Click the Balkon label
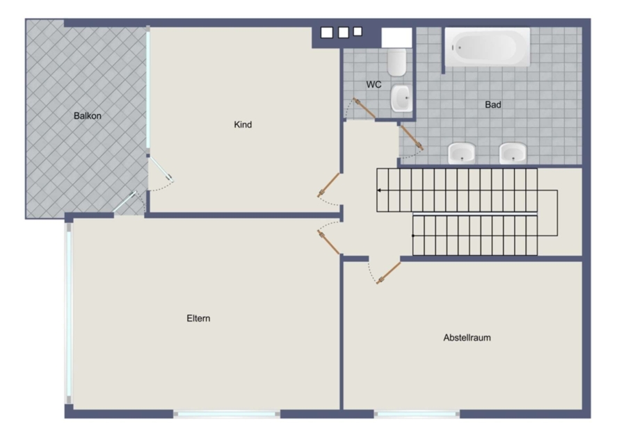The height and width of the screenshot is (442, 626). pos(88,116)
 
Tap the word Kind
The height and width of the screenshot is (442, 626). pos(243,125)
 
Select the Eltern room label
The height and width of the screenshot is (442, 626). pos(198,318)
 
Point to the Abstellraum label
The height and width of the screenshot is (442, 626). pos(467,338)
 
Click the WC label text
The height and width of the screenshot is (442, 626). pos(374,85)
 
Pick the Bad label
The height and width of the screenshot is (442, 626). pos(493,105)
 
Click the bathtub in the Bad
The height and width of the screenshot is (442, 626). pos(488,47)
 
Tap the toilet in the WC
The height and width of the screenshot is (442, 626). pos(397,63)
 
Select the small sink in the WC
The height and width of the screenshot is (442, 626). pos(401,98)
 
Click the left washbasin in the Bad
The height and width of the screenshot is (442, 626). pos(462,153)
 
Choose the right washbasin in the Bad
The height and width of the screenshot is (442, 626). pos(513,153)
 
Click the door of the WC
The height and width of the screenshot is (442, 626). pos(364,108)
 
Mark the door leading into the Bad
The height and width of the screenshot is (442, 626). pos(412,138)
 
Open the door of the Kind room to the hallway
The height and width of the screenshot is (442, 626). pos(328,185)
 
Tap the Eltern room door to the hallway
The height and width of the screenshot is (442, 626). pos(328,242)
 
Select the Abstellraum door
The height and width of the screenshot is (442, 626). pos(388,273)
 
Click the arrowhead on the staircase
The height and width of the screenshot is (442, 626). pos(379,190)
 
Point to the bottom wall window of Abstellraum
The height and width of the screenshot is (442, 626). pos(417,414)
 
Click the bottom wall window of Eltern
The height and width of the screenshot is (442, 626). pos(227,414)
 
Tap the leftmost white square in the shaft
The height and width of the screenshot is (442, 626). pos(327,33)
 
